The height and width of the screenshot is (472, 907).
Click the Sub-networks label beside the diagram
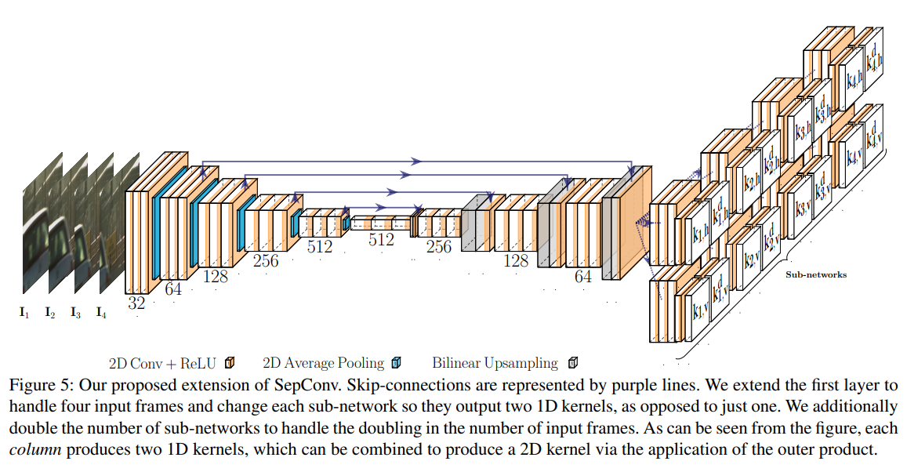816,275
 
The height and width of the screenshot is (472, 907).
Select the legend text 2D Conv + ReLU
163,363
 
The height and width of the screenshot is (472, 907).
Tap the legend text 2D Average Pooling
323,363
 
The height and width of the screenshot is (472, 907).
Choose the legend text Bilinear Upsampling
495,363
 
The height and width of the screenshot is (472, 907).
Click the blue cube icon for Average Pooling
396,362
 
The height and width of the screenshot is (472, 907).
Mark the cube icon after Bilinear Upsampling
572,362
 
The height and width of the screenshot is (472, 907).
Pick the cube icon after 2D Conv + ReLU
230,362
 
